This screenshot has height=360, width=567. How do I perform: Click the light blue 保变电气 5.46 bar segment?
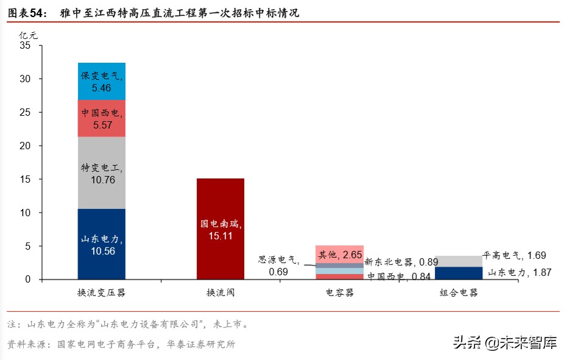coord(102,82)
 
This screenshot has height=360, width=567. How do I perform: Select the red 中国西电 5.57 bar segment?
coord(102,118)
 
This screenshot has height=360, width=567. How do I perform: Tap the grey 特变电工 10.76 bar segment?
coord(102,172)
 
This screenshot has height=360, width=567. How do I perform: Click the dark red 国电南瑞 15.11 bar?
coord(220,229)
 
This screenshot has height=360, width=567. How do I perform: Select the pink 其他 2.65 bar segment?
coord(339,254)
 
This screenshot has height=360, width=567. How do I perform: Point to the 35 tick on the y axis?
coord(24,46)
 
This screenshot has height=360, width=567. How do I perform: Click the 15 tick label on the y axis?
coord(24,180)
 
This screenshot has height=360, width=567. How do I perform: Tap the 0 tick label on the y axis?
coord(27,280)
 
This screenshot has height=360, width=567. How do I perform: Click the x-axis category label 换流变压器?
coord(102,293)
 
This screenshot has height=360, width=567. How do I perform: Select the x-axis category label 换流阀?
coord(220,293)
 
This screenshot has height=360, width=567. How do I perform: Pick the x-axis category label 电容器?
coord(339,293)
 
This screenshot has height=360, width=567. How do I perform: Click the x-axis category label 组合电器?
coord(458,293)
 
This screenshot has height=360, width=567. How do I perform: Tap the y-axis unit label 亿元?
coord(28,34)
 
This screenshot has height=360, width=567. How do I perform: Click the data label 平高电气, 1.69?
coord(514,255)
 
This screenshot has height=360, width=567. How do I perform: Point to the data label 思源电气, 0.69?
coord(279,266)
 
